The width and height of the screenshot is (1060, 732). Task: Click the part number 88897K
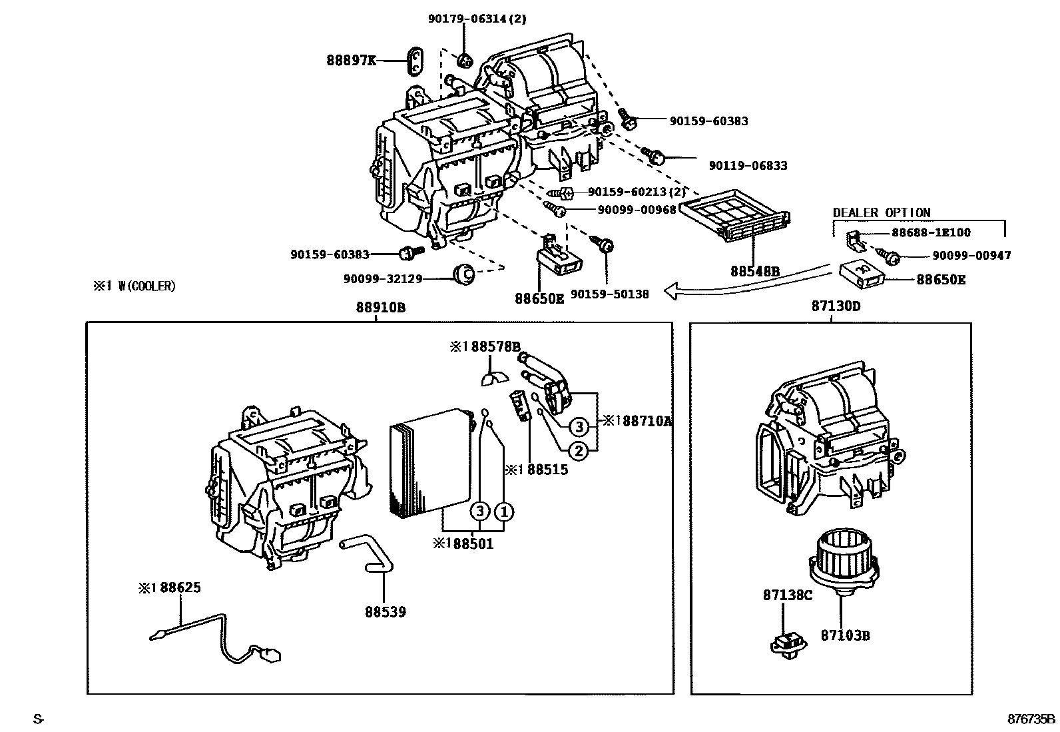350,61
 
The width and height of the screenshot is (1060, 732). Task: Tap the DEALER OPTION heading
882,212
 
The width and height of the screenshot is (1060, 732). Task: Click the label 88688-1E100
931,232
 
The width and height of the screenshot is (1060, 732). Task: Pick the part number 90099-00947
971,255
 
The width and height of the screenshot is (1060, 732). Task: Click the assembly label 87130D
836,307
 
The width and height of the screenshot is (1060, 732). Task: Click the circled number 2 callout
579,451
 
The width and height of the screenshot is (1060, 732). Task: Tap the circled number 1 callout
504,512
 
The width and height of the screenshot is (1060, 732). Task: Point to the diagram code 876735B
1030,719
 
